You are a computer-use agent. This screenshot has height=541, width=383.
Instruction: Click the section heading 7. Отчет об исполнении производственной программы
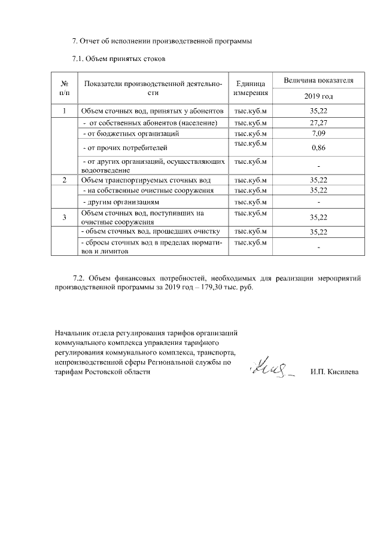pyautogui.click(x=162, y=41)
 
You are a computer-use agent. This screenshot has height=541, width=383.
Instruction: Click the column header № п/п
pyautogui.click(x=65, y=88)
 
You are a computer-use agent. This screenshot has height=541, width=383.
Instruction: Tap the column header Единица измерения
pyautogui.click(x=250, y=88)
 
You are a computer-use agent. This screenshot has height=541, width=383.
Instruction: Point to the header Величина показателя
pyautogui.click(x=318, y=80)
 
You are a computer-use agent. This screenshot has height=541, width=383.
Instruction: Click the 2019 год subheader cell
pyautogui.click(x=318, y=96)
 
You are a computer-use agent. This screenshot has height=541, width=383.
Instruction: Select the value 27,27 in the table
pyautogui.click(x=318, y=123)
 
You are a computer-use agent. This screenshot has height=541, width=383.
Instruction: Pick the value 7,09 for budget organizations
pyautogui.click(x=318, y=133)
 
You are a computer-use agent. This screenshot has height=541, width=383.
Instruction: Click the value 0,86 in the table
pyautogui.click(x=318, y=147)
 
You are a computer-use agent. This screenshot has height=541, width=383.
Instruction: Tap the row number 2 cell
pyautogui.click(x=65, y=180)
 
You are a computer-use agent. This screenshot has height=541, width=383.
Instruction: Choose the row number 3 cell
pyautogui.click(x=65, y=217)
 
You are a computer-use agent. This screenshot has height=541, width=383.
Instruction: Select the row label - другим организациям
pyautogui.click(x=115, y=202)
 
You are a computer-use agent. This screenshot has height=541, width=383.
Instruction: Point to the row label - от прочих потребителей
pyautogui.click(x=124, y=147)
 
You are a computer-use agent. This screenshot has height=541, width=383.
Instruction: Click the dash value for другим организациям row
pyautogui.click(x=318, y=202)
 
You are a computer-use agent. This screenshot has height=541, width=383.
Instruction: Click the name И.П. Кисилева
pyautogui.click(x=335, y=372)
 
